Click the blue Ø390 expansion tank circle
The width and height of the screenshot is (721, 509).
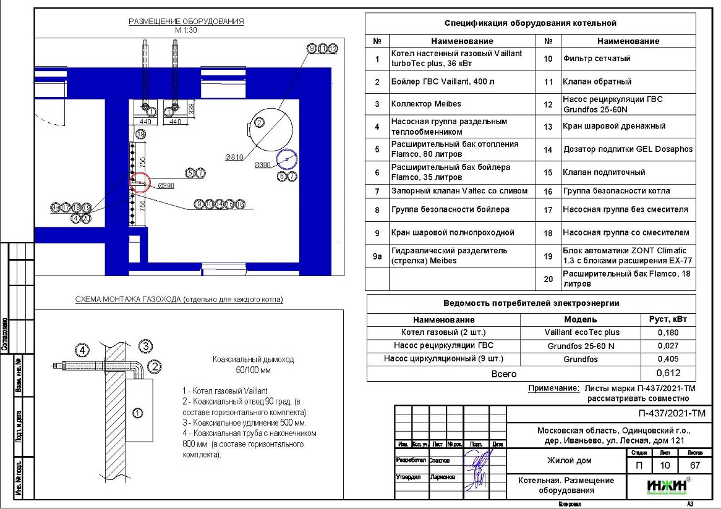(x=287, y=159)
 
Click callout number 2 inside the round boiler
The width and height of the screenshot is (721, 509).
(x=260, y=122)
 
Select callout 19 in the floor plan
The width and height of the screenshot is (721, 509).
(x=141, y=134)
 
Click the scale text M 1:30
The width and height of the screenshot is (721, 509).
(x=186, y=30)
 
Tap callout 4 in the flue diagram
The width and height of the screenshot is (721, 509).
(x=82, y=349)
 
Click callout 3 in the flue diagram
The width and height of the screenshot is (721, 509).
(x=145, y=345)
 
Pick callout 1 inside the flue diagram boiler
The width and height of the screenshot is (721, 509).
(x=137, y=412)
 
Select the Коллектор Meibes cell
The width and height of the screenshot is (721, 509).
(x=426, y=103)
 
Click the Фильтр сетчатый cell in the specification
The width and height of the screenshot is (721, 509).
(x=597, y=59)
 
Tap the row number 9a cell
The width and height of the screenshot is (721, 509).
(x=377, y=256)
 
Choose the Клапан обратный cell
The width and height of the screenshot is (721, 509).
(x=597, y=82)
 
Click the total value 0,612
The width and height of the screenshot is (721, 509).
(x=668, y=374)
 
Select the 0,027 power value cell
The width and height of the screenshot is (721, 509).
(x=668, y=346)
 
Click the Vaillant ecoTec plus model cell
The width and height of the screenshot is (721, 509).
(x=581, y=333)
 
